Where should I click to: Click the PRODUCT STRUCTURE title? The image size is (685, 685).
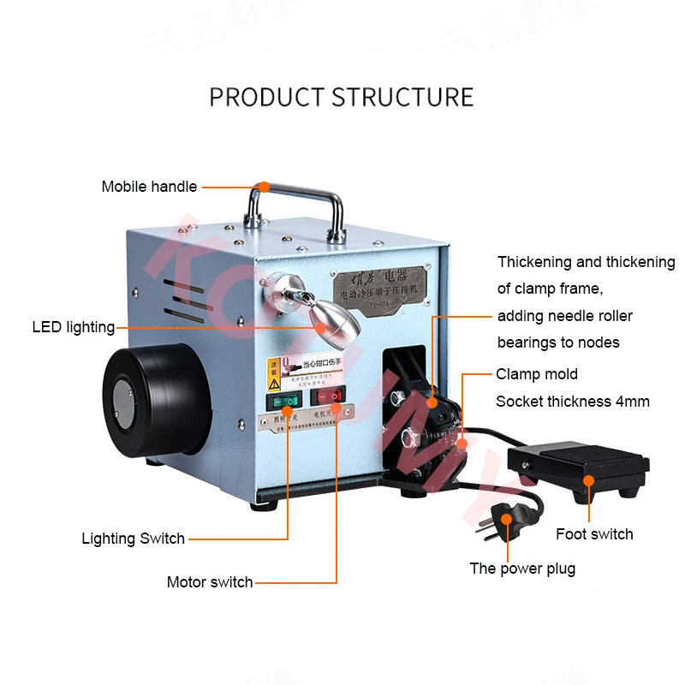point(341,96)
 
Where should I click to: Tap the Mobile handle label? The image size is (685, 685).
point(149,187)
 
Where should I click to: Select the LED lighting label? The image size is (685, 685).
point(74,327)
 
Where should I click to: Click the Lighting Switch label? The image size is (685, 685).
point(133,539)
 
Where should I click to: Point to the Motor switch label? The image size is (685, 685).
point(210,582)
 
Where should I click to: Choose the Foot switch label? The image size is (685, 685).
point(594,534)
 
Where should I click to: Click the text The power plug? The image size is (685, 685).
point(522,569)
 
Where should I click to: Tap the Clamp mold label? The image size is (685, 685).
point(537,374)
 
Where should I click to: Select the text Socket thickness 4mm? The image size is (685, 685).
point(573,402)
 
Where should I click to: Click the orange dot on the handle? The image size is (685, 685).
point(265,186)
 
